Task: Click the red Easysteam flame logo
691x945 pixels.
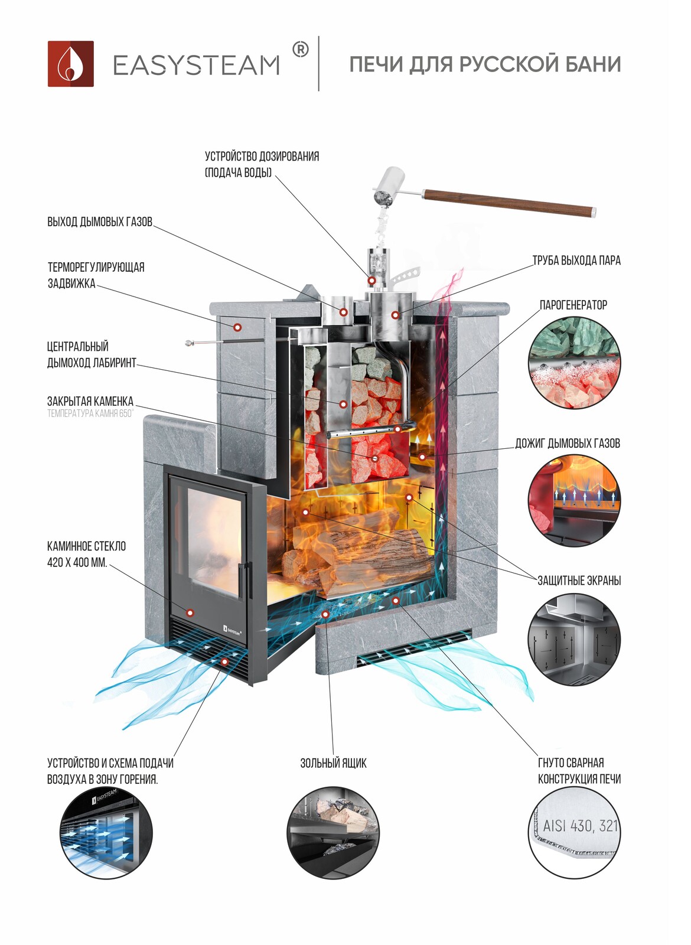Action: (x=71, y=64)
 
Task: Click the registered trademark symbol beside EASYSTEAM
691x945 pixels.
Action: (x=301, y=50)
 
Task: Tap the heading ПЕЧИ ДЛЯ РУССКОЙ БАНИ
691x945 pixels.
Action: (x=485, y=64)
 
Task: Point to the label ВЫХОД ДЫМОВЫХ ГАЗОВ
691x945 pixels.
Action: (x=100, y=222)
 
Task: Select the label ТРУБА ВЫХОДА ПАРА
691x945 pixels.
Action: (x=576, y=260)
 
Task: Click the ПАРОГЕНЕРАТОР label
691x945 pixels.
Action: (x=573, y=305)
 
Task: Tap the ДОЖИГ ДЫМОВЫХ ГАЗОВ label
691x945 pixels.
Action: (x=568, y=444)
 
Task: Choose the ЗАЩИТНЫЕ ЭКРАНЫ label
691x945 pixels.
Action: (x=579, y=581)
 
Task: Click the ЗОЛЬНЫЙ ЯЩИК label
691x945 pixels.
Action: (x=333, y=763)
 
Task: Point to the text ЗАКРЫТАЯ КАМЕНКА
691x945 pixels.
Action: (x=90, y=402)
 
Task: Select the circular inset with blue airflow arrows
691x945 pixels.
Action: (x=106, y=833)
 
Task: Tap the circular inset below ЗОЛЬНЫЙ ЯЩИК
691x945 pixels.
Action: (x=334, y=833)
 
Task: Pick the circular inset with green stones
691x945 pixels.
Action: (x=574, y=362)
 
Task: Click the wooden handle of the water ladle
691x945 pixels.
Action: (x=509, y=202)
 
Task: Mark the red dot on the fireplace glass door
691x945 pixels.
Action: (x=190, y=612)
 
